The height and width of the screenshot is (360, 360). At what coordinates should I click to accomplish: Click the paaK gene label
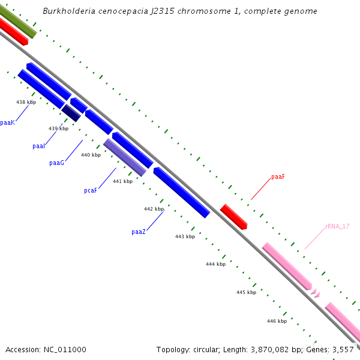pos(7,122)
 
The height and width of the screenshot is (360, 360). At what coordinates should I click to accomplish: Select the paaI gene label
pos(39,146)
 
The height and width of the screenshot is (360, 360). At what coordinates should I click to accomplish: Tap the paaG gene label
pos(56,163)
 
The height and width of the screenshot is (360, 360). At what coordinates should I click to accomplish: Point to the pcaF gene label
pos(91,191)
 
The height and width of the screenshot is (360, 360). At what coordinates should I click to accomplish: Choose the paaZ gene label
pos(138,232)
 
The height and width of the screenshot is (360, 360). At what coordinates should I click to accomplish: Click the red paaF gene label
pos(278,177)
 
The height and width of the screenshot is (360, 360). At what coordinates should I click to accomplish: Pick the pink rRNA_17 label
pos(337,226)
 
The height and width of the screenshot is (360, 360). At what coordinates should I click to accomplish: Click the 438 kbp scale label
pos(26,103)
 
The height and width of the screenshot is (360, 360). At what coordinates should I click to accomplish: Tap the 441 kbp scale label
pos(122,181)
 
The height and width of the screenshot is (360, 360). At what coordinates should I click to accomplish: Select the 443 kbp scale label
pos(185,236)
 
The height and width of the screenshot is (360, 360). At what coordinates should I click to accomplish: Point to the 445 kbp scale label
pos(246,292)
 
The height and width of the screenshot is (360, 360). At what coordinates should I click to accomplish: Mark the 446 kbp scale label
pos(277,321)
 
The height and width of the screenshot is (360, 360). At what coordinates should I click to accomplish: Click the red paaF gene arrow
pos(233,217)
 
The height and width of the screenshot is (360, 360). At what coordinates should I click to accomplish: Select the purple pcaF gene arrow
pos(125,157)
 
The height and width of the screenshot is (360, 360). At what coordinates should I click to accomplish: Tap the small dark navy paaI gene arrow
pos(71,112)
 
